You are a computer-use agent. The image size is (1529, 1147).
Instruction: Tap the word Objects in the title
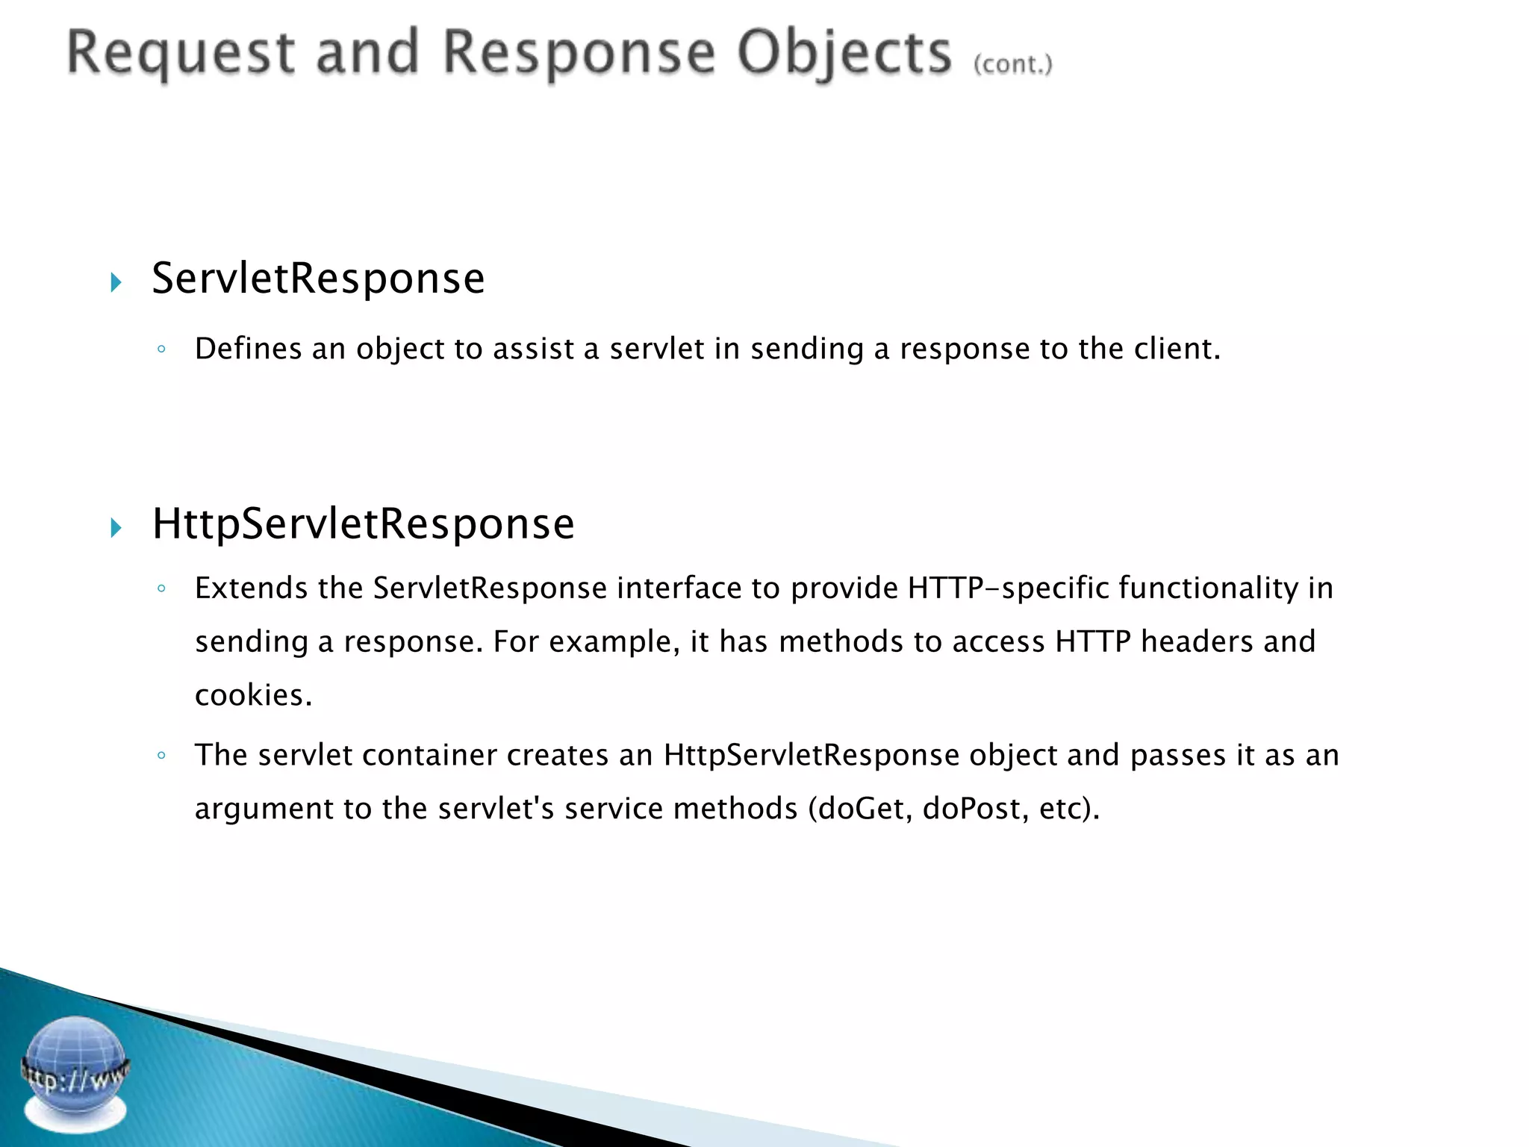pos(844,54)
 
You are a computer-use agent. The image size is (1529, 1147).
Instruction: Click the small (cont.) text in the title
pos(1012,64)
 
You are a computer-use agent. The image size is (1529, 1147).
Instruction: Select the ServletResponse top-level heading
pos(318,279)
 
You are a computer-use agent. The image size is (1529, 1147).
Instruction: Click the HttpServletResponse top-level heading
pos(363,523)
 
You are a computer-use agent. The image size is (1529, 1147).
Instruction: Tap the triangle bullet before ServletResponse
pos(116,282)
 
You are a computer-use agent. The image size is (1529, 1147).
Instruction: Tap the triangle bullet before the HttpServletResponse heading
pos(116,528)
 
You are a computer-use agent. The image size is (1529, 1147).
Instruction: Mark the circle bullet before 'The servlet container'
pos(161,755)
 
